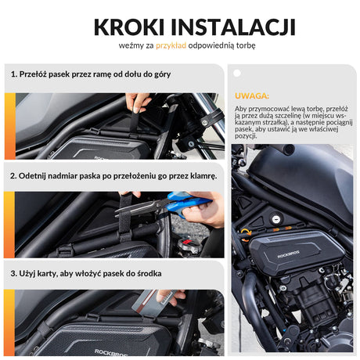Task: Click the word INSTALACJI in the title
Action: pos(235,26)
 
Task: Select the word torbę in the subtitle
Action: pos(268,45)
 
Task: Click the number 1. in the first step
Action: pos(14,74)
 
